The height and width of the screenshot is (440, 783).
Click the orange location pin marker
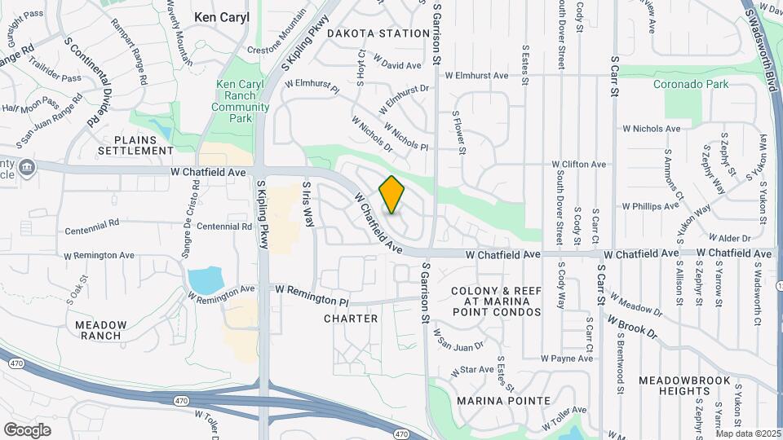(391, 195)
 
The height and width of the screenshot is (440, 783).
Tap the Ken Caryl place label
(220, 15)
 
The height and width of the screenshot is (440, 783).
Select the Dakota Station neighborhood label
(378, 33)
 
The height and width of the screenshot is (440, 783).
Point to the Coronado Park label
(692, 83)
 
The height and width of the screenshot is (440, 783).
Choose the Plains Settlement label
(136, 145)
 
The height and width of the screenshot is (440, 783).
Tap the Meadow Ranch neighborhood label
(100, 330)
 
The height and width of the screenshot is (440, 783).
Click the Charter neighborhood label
(352, 319)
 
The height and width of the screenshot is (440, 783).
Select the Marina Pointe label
(503, 401)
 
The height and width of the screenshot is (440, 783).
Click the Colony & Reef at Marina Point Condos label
(495, 301)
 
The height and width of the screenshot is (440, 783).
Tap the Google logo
(27, 429)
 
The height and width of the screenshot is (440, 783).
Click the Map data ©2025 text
(746, 433)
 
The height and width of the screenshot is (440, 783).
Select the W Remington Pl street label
(312, 290)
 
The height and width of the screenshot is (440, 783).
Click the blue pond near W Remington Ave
(205, 280)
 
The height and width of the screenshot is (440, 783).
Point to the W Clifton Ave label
(579, 164)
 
